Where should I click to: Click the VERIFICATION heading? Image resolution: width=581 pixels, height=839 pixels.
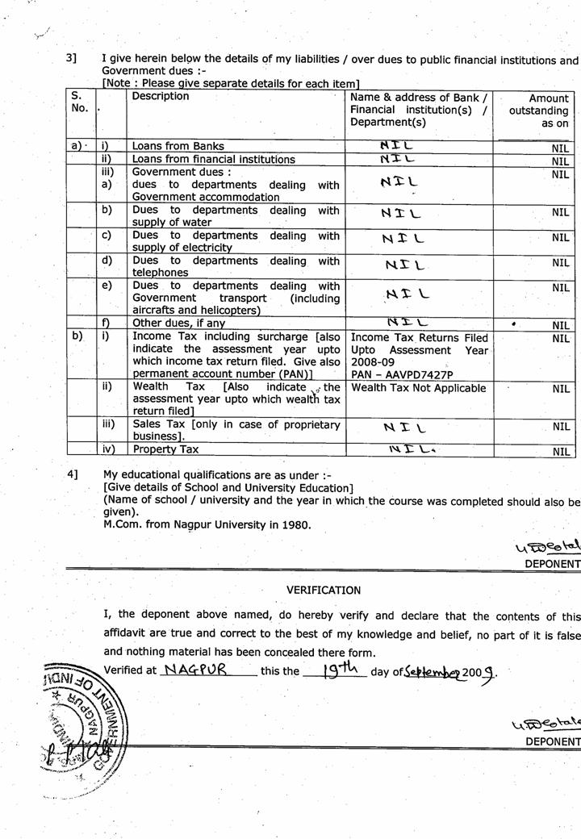click(x=324, y=591)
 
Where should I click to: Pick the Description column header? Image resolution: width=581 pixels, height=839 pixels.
click(x=161, y=97)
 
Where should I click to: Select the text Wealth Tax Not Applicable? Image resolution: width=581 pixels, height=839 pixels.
click(x=419, y=389)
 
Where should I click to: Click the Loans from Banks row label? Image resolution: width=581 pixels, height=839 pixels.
click(x=178, y=147)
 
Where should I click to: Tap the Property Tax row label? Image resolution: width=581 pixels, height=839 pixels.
click(x=165, y=449)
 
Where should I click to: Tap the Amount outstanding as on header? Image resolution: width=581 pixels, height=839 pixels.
click(x=539, y=110)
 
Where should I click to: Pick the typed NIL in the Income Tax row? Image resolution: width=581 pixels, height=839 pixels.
click(x=561, y=339)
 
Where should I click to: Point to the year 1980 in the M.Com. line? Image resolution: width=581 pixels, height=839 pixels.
click(x=296, y=524)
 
